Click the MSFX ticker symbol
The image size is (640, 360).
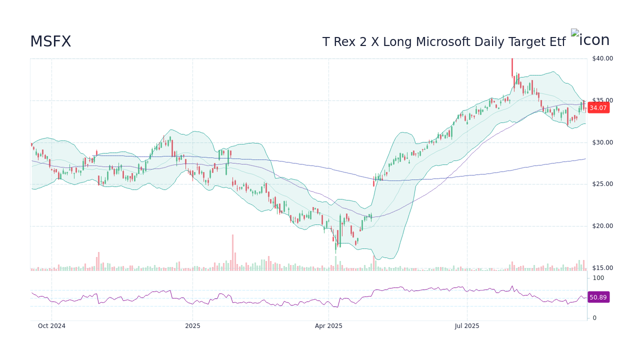point(50,42)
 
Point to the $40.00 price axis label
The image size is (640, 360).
point(602,58)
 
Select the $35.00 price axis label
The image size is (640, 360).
point(602,100)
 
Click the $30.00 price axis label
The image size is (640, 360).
point(602,142)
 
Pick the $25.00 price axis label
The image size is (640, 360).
point(602,184)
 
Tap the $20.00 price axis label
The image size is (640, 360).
point(602,226)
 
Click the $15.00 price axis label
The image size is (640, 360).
point(602,268)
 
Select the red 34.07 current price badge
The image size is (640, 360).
point(598,107)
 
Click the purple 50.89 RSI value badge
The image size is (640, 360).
point(598,297)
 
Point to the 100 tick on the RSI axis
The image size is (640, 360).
point(598,278)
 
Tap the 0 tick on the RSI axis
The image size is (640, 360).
point(594,318)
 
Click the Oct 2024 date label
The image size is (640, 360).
point(51,326)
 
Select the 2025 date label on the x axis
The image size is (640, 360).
point(192,326)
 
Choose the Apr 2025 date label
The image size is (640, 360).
point(328,326)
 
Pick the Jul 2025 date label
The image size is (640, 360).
point(467,326)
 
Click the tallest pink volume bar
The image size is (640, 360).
point(232,252)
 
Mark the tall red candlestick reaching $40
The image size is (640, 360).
point(512,67)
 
